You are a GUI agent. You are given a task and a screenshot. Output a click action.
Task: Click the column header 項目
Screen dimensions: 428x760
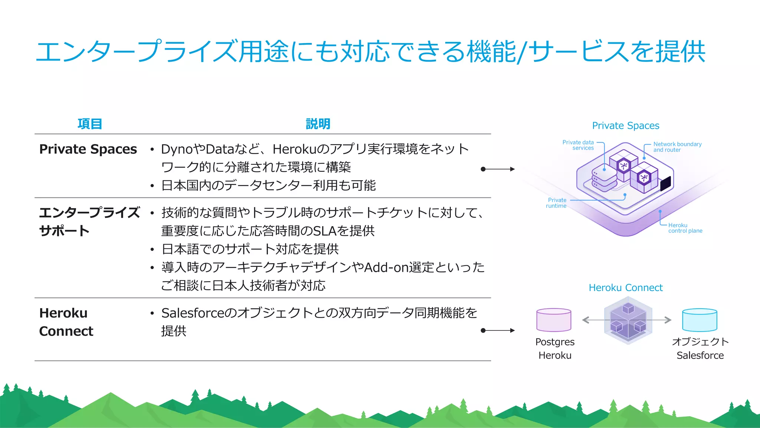(89, 124)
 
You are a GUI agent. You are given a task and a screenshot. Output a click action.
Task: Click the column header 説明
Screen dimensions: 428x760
(318, 124)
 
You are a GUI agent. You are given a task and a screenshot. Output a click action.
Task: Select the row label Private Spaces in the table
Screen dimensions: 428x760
(88, 149)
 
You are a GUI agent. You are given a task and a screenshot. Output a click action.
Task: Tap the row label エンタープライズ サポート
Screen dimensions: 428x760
(89, 222)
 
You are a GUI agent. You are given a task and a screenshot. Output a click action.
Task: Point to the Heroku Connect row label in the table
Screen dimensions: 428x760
(66, 322)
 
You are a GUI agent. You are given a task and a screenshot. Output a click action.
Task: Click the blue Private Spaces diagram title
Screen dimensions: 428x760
(625, 125)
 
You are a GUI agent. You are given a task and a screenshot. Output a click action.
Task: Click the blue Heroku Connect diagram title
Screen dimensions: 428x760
(625, 288)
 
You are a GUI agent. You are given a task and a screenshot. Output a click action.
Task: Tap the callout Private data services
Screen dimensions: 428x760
(578, 145)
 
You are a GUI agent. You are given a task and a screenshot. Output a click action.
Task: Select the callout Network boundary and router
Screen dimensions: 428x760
(677, 147)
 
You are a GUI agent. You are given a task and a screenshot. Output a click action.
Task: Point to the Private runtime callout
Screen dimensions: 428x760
(556, 203)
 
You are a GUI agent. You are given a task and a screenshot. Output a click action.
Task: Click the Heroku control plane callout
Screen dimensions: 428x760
(685, 228)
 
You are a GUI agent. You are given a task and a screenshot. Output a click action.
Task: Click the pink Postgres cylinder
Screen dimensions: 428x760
(553, 320)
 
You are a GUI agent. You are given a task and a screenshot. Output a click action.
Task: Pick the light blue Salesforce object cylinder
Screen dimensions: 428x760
(700, 320)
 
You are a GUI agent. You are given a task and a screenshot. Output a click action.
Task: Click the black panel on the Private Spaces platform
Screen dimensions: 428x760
(666, 183)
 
